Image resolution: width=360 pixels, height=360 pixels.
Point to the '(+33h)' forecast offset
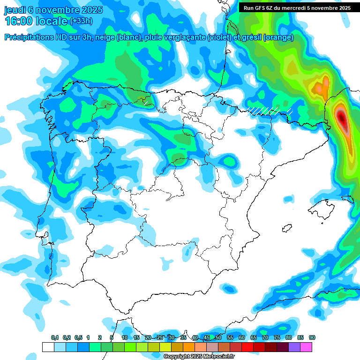(x=81, y=21)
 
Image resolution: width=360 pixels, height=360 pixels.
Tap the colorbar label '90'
(x=312, y=338)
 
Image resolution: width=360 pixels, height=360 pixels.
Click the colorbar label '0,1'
(x=55, y=338)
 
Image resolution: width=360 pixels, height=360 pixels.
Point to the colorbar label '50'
(x=218, y=338)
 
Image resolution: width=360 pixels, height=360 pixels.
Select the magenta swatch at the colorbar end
(x=306, y=347)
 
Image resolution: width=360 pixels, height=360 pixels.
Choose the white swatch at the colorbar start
(x=48, y=347)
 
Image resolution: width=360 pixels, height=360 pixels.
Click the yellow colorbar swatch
(x=165, y=347)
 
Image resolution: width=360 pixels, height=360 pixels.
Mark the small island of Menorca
(x=347, y=199)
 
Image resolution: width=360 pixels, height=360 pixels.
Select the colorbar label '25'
(x=160, y=338)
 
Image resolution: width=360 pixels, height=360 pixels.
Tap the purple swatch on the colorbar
(x=294, y=347)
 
